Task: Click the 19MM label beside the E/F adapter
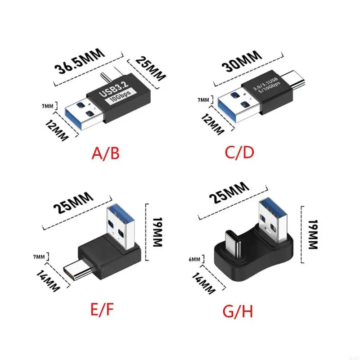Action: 157,233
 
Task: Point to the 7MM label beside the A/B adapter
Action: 48,107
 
